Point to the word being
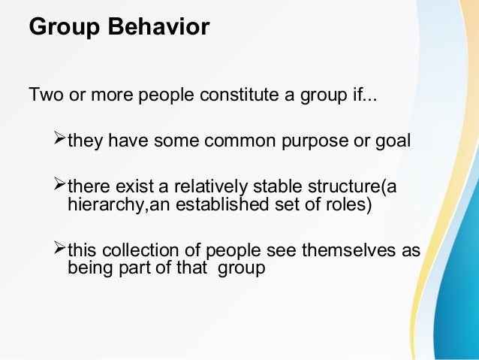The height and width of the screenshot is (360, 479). (88, 268)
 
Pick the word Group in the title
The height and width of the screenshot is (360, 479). (60, 27)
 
